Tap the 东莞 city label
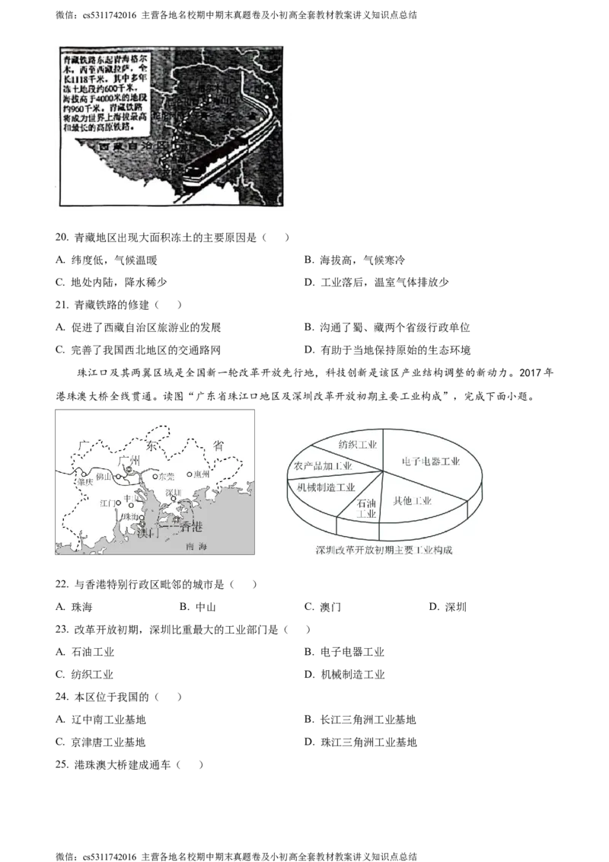165,477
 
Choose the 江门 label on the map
107,503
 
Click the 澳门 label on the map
147,533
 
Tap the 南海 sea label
196,547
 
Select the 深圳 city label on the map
174,493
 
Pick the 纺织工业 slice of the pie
356,445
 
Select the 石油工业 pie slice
366,508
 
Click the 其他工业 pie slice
412,501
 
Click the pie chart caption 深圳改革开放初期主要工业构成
384,550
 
